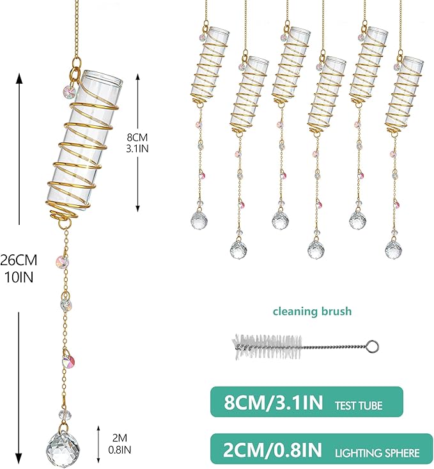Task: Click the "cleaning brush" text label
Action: click(x=312, y=312)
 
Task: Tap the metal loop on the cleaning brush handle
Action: click(x=373, y=347)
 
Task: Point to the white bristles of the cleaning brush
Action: click(x=267, y=347)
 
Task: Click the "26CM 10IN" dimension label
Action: click(x=19, y=268)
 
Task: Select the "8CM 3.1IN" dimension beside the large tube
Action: click(x=137, y=143)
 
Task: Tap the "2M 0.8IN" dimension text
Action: click(x=120, y=444)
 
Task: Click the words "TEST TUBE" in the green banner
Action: click(x=359, y=406)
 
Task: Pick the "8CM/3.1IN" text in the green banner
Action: click(x=274, y=403)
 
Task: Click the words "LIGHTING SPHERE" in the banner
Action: click(x=377, y=453)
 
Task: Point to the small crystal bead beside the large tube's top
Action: click(x=70, y=89)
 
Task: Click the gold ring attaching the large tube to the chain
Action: click(x=75, y=73)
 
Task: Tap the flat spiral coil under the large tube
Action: click(x=63, y=215)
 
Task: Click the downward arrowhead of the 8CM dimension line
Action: click(x=137, y=208)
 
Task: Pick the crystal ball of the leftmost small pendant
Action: click(x=199, y=220)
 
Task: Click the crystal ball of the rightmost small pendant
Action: click(x=393, y=249)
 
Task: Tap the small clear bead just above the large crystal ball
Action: click(x=65, y=415)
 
